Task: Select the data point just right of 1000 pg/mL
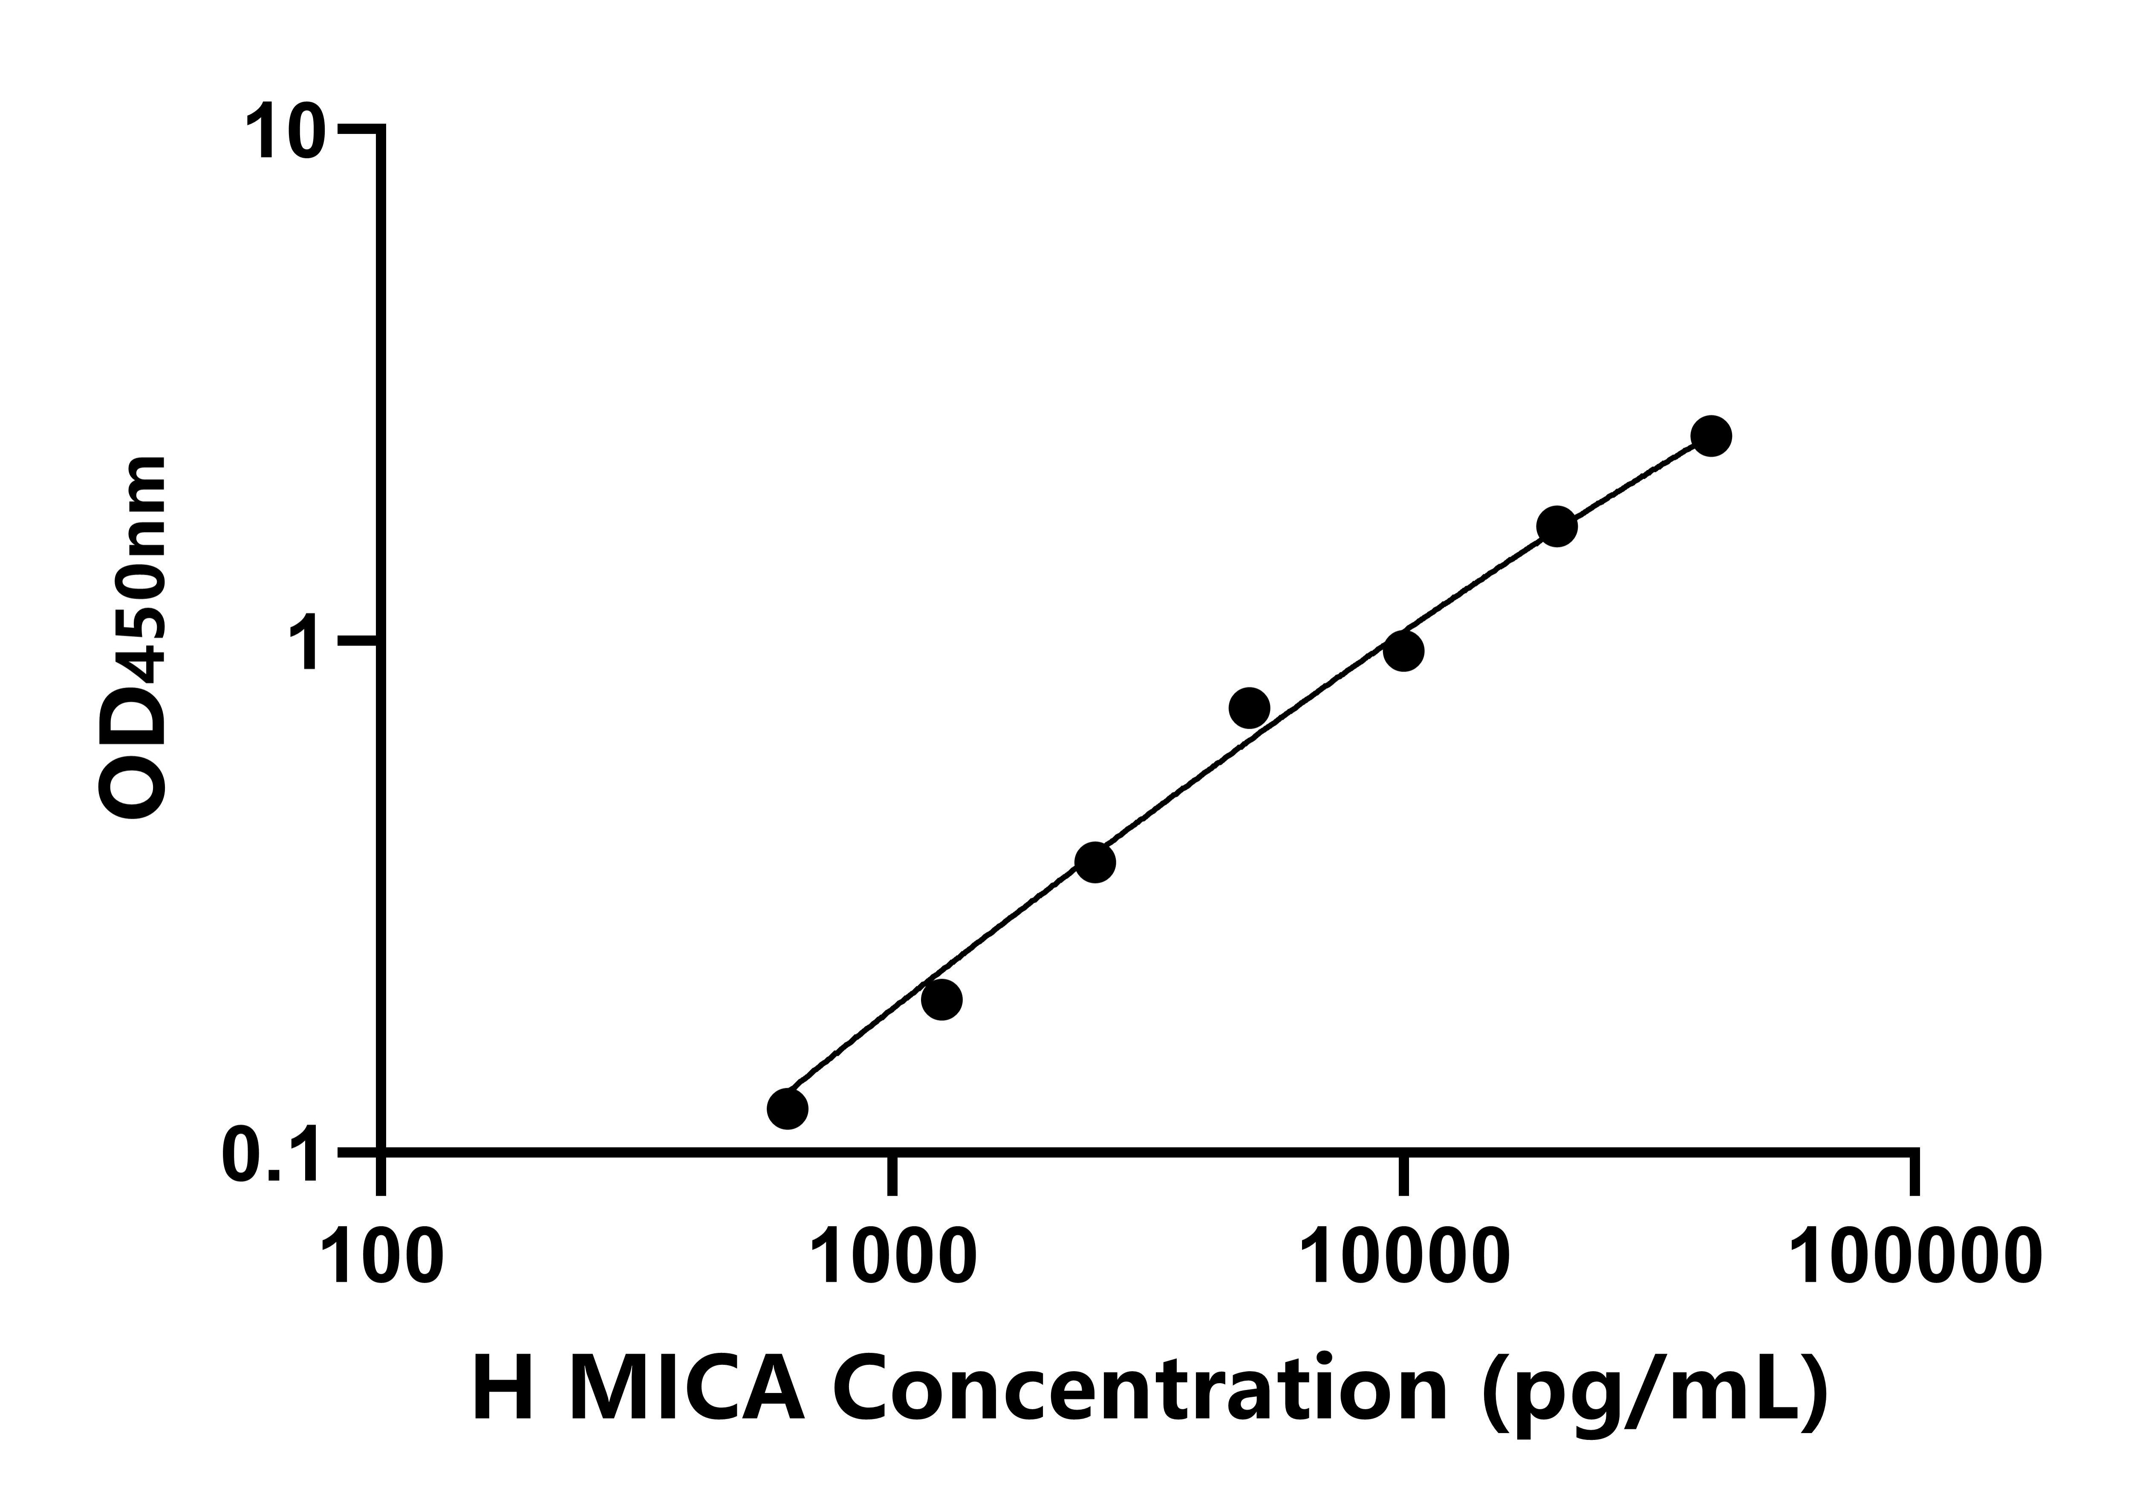point(941,999)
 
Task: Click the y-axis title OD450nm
point(133,638)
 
